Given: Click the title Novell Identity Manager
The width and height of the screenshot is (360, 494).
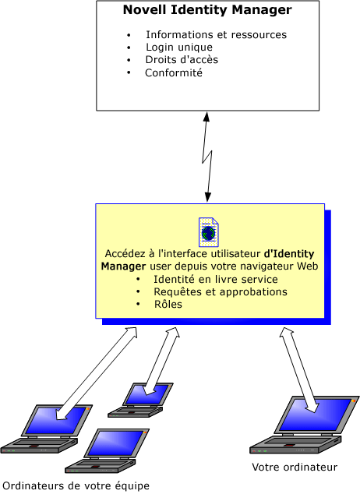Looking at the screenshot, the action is pos(207,10).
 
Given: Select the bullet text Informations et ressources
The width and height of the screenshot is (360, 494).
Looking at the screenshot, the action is pos(216,34).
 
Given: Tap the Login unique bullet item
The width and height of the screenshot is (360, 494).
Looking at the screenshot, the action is pos(179,48).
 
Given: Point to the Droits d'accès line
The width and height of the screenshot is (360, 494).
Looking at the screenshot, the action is pos(182,59).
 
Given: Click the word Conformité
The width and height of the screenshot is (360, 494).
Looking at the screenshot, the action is pos(174,72).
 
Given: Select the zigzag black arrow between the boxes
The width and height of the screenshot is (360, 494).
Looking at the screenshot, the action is pos(207,157).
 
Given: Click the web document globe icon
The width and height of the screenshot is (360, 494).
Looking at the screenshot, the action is pos(209,232).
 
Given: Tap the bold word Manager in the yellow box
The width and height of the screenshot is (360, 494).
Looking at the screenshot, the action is pos(123,266).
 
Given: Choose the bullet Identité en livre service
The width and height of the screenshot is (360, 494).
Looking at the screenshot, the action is pos(215,280).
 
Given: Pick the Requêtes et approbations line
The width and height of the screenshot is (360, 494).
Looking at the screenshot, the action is pos(221,292).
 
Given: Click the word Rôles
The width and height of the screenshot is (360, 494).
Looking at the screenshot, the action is pos(168,305).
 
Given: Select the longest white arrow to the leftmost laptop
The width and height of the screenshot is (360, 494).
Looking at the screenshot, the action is pos(97,373).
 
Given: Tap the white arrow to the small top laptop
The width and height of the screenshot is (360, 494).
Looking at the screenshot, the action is pos(161,361).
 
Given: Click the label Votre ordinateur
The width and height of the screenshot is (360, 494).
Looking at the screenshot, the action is pos(295,468).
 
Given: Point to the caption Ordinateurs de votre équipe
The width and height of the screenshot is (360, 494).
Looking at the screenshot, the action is pos(76,485).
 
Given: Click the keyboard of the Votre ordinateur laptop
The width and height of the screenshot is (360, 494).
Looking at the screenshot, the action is pos(295,445).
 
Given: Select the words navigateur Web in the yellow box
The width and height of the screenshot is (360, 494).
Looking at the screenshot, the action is pos(279,266).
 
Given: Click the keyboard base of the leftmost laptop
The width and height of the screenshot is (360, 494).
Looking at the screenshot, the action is pos(39,446).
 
